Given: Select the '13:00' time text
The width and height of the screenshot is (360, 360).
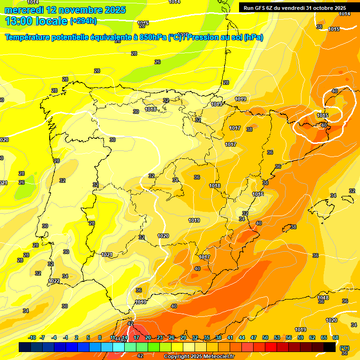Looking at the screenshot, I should (19, 21).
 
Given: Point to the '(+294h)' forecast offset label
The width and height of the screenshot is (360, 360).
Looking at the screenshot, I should (83, 21).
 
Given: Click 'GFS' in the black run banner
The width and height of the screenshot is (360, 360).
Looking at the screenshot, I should (262, 8).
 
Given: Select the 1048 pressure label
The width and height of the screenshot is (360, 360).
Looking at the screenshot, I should (323, 298).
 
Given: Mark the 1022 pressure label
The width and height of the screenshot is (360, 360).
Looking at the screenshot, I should (54, 281).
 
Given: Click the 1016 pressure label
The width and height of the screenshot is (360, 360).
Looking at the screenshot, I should (258, 194).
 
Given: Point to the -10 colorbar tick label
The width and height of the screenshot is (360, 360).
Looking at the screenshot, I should (32, 337).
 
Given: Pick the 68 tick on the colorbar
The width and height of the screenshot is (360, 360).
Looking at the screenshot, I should (335, 337).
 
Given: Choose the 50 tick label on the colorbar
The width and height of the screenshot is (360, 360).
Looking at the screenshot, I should (265, 337).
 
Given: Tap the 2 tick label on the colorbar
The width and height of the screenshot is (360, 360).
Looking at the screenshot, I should (77, 337).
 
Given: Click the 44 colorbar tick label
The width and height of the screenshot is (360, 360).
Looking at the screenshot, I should (242, 337).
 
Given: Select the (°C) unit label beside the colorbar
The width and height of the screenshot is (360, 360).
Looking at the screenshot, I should (345, 347).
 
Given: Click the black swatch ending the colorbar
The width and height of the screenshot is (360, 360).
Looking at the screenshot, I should (330, 347).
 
